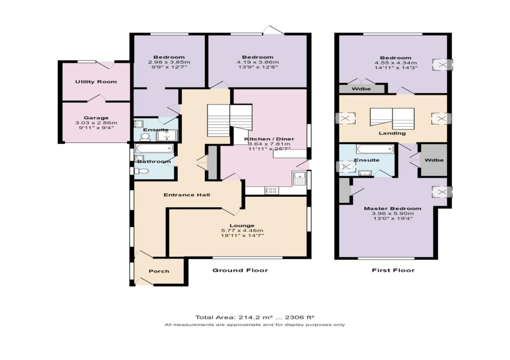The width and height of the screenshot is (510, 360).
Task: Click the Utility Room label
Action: (x=96, y=82)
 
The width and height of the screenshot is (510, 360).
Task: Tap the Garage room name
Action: (x=96, y=118)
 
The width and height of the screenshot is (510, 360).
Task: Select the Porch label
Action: (x=159, y=271)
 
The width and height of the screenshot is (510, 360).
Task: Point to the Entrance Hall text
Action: (x=186, y=195)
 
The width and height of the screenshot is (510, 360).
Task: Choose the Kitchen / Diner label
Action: (x=269, y=139)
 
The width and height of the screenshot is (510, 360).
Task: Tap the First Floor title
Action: (x=393, y=270)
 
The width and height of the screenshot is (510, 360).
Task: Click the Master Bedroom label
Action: (x=392, y=209)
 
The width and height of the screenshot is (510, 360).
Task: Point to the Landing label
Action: (x=392, y=133)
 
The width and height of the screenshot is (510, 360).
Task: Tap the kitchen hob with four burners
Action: (x=273, y=190)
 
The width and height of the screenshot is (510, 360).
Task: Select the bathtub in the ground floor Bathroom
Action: (x=155, y=148)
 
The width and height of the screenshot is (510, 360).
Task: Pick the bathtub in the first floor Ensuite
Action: (x=375, y=149)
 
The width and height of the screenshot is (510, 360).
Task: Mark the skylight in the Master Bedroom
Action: (x=442, y=192)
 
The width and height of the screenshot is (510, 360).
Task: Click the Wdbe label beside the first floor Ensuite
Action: (x=434, y=160)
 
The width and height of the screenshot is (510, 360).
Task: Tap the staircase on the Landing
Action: (x=392, y=118)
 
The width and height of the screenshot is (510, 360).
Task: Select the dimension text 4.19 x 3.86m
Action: (x=257, y=62)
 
